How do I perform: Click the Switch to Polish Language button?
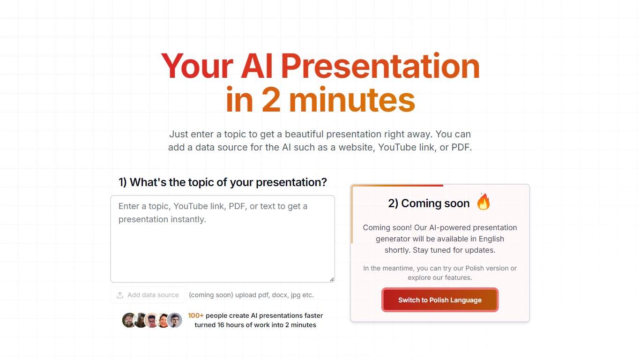(439, 300)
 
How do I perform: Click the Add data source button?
(148, 295)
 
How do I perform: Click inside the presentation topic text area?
(223, 239)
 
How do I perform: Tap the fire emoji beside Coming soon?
(484, 202)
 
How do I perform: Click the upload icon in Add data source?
(120, 295)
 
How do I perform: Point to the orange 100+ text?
(196, 315)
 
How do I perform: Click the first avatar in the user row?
(129, 320)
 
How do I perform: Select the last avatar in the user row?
(175, 320)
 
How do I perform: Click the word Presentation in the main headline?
(380, 66)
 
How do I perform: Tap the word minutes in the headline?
(352, 99)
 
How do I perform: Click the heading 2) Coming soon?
(429, 203)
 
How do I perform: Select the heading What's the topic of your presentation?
(223, 182)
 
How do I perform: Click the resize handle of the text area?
(332, 279)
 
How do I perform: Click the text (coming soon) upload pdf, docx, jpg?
(251, 295)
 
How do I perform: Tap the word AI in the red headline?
(257, 66)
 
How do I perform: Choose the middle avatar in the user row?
(152, 320)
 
